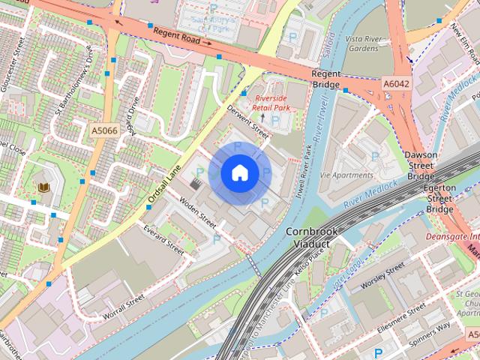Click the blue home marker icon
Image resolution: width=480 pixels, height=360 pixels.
239,173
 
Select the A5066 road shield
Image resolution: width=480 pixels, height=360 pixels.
105,130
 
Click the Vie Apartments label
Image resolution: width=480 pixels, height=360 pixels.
346,175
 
